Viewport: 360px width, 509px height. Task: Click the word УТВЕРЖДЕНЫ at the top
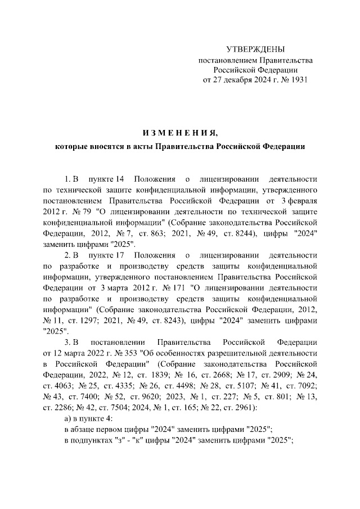click(255, 49)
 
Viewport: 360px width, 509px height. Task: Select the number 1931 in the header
click(298, 80)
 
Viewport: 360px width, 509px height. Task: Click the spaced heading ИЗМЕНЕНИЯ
click(179, 133)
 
